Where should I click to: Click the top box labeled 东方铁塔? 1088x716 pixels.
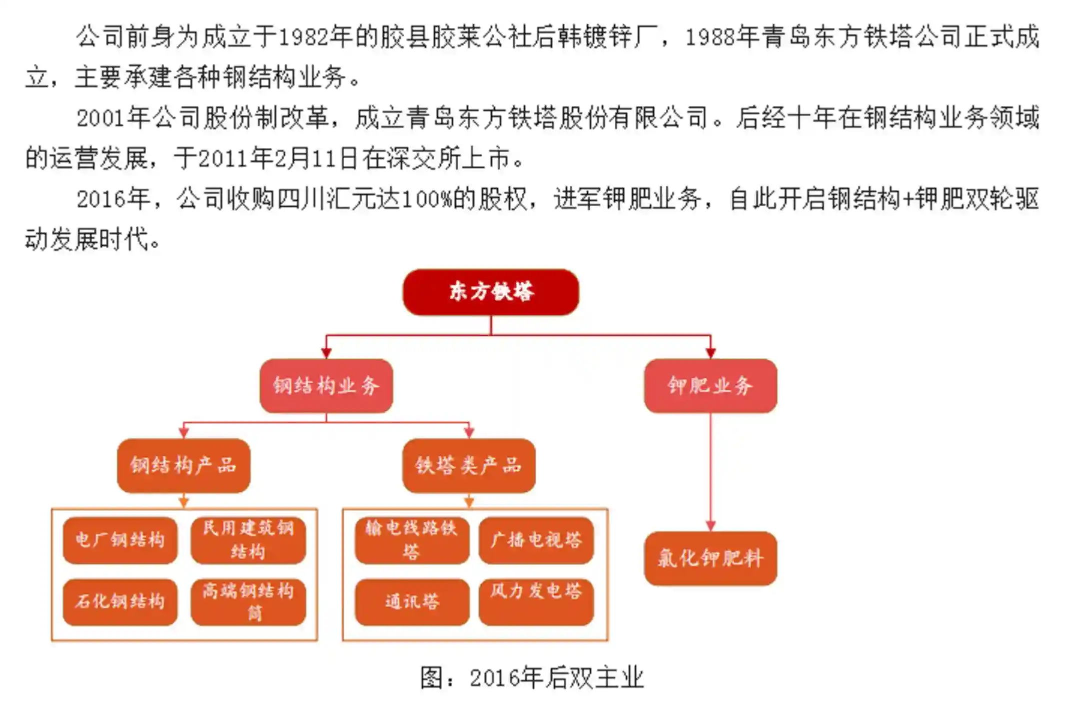[491, 292]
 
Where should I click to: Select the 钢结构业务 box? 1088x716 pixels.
[326, 386]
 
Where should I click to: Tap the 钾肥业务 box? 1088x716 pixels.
[710, 386]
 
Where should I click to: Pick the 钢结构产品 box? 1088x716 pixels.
[184, 465]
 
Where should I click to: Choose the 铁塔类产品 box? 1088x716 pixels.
[469, 465]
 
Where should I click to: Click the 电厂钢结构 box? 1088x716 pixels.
[120, 540]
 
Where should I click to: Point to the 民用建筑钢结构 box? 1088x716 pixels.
[248, 540]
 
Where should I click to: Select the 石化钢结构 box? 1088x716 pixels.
[120, 601]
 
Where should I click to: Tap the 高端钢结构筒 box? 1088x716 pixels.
[248, 601]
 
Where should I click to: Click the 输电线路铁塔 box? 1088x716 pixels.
[412, 540]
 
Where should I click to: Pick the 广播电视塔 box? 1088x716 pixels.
[536, 540]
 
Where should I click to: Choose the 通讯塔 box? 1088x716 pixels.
[412, 601]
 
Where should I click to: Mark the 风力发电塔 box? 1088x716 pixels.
[536, 601]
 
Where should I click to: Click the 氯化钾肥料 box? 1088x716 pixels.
[710, 558]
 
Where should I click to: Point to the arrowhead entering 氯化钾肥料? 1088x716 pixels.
[710, 525]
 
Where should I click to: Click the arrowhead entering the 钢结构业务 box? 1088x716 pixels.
[326, 353]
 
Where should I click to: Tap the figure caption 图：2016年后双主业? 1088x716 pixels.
[532, 678]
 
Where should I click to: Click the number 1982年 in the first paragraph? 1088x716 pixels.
[315, 38]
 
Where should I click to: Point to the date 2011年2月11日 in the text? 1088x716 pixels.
[278, 159]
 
